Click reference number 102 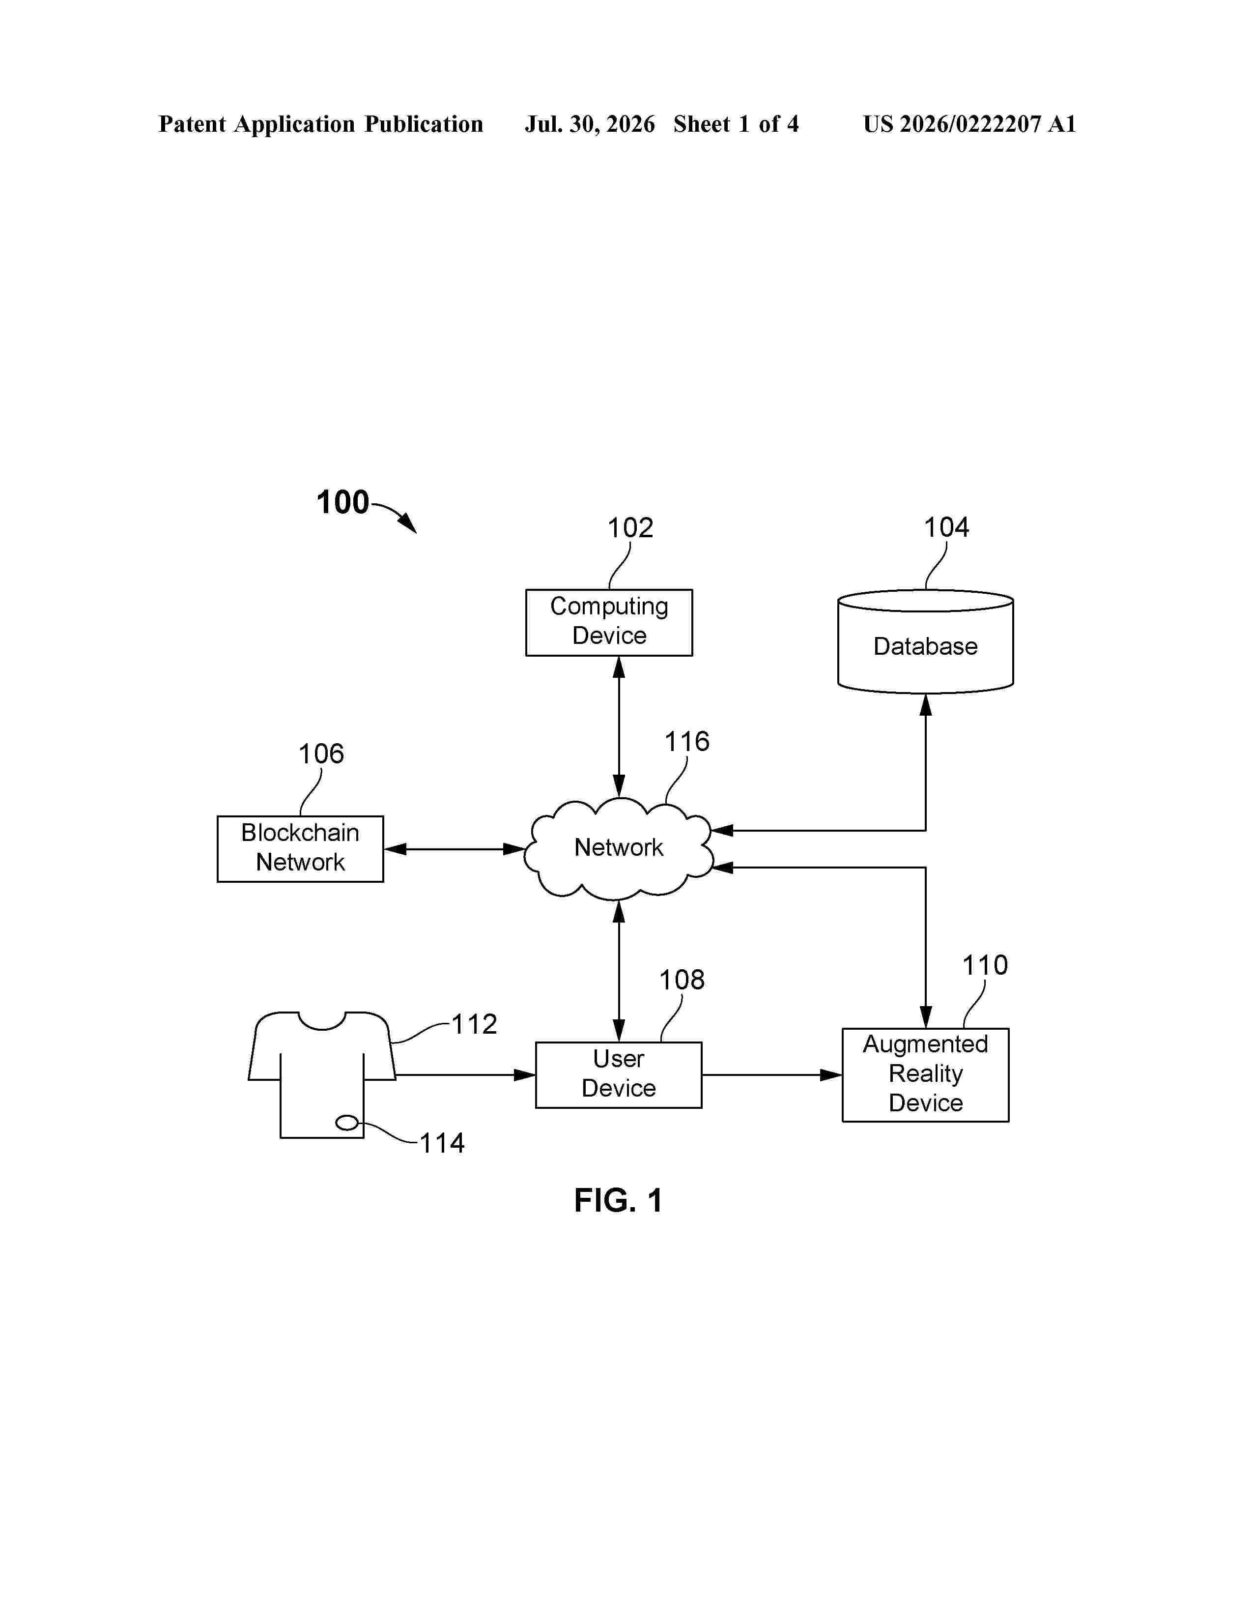630,528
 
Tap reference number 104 946,527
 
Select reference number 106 321,754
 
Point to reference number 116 686,741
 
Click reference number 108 682,981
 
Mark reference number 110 985,965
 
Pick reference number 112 474,1024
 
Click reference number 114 442,1143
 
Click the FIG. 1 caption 618,1200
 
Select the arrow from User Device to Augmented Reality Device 772,1074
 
